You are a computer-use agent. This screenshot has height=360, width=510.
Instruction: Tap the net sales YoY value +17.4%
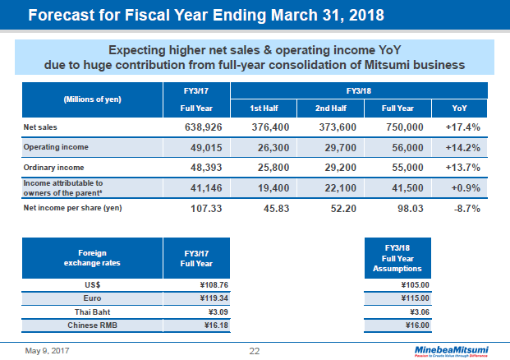[x=462, y=127]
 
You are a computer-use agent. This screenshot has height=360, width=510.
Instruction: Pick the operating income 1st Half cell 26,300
[x=269, y=147]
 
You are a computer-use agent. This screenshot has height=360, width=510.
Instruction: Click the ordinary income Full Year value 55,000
[x=403, y=167]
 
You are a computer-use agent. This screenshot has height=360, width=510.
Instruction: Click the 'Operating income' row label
[x=56, y=147]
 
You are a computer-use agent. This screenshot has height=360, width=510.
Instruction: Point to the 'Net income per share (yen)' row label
[x=72, y=207]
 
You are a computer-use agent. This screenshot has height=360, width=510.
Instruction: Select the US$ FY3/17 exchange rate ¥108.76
[x=209, y=287]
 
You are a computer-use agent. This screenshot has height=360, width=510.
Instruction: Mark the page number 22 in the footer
[x=255, y=351]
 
